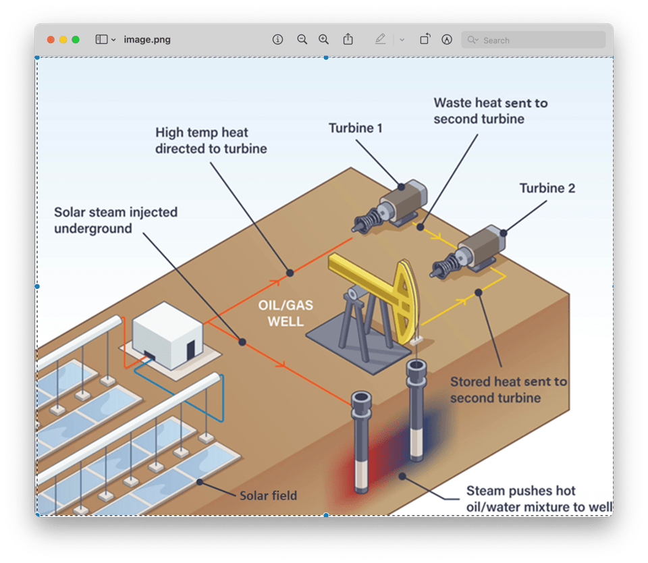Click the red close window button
(51, 40)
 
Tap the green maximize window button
(76, 40)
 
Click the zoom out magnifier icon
(302, 40)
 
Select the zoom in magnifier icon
(323, 40)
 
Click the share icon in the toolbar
(348, 39)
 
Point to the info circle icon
(277, 40)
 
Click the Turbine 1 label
(356, 128)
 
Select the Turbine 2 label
(547, 188)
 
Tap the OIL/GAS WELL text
(286, 313)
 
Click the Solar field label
(268, 495)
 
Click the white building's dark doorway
(190, 350)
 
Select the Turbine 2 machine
(468, 252)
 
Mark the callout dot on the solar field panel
(200, 482)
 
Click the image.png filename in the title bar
(147, 40)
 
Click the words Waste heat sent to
(491, 103)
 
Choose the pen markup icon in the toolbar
(380, 39)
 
